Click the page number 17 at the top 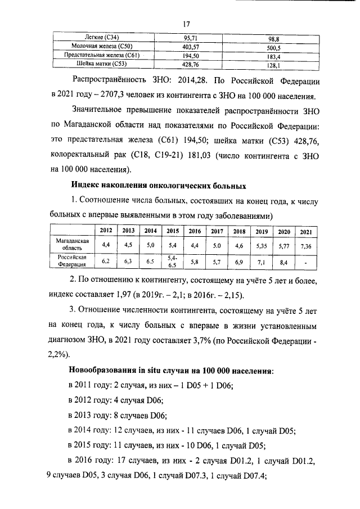tap(187, 24)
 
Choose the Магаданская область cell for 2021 tap(305, 246)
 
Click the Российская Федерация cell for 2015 tap(172, 262)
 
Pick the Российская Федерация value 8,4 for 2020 tap(283, 262)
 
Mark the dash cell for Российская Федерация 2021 tap(305, 262)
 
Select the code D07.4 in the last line tap(251, 474)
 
